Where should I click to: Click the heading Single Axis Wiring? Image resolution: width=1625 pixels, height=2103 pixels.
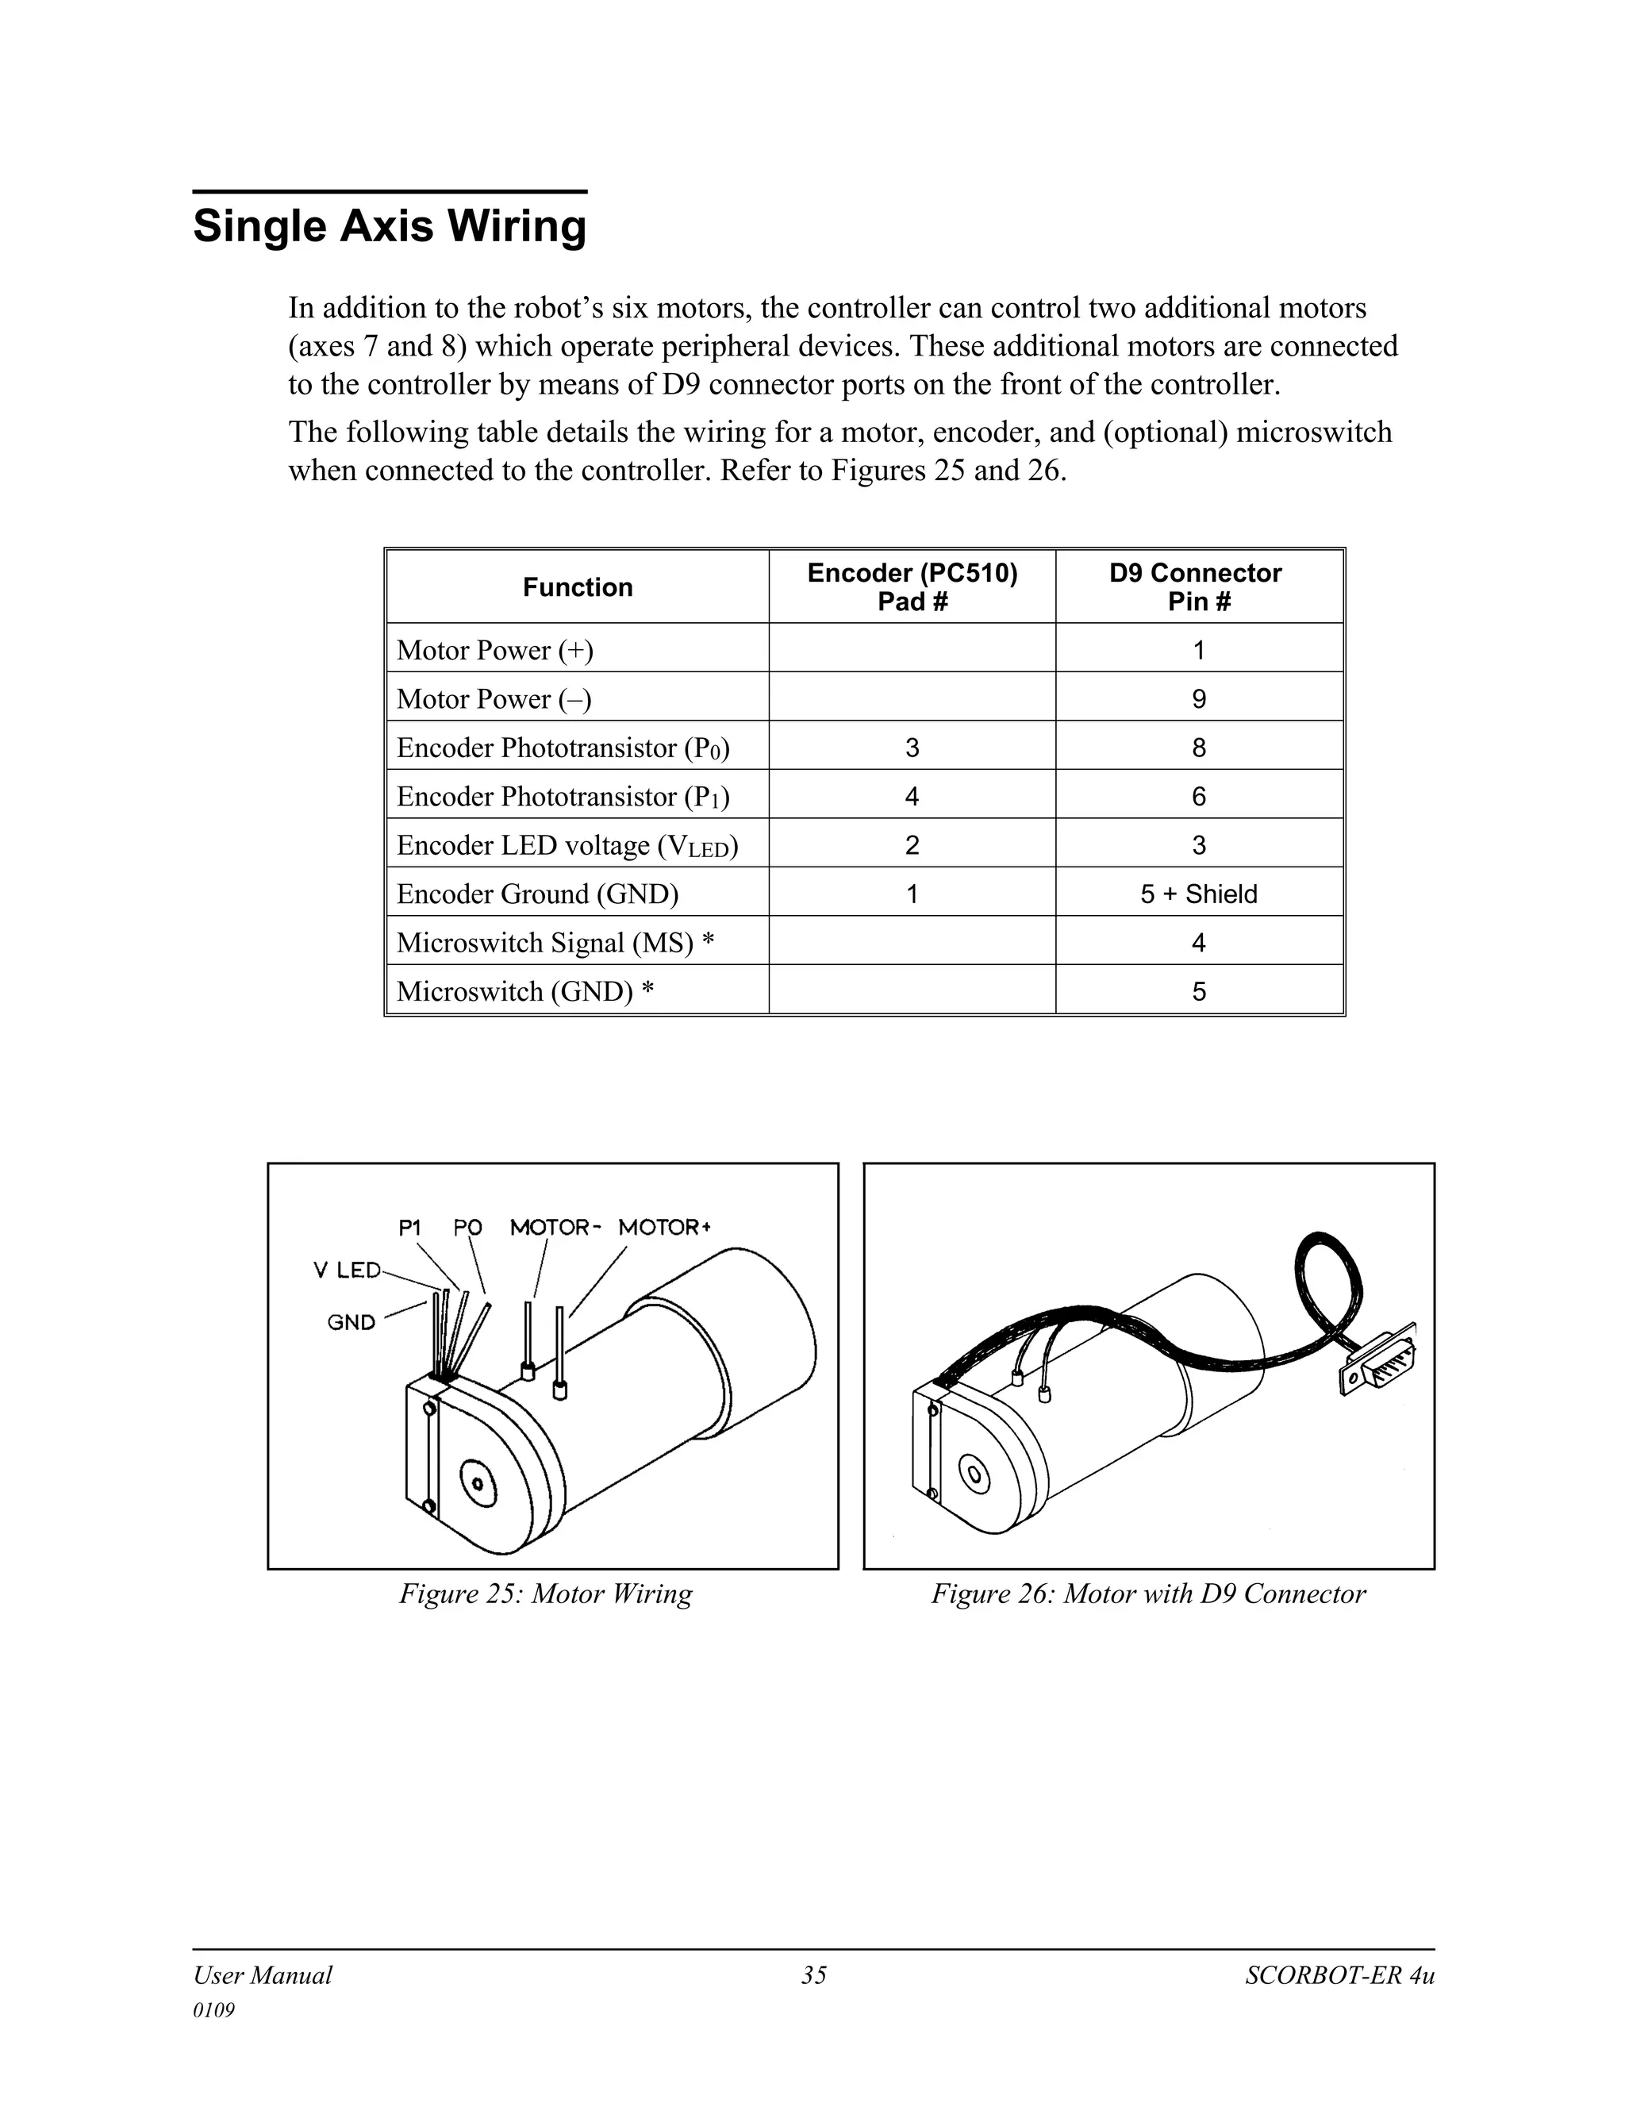[x=389, y=226]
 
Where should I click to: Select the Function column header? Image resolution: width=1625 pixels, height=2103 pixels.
[x=578, y=587]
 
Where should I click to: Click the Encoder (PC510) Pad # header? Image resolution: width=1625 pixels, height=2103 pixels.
[x=912, y=586]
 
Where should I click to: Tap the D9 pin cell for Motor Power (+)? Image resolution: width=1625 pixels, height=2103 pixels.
[x=1199, y=650]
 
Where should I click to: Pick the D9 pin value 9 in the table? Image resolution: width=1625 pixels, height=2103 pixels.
[x=1199, y=699]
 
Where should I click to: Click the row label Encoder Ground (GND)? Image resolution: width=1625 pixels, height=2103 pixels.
[x=537, y=894]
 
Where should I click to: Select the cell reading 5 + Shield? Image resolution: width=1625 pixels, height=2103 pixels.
[x=1199, y=894]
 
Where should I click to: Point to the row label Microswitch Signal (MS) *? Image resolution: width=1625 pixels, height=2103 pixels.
[x=555, y=943]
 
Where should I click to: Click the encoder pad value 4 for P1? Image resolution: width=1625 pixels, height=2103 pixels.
[x=912, y=796]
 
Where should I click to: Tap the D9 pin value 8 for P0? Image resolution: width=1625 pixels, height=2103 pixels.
[x=1199, y=748]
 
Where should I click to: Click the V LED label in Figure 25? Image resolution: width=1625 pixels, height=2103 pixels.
[x=348, y=1270]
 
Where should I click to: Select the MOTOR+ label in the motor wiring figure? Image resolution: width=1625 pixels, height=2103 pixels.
[x=664, y=1227]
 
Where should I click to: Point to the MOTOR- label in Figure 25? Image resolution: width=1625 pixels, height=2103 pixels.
[x=555, y=1227]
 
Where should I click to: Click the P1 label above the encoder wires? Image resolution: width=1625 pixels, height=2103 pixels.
[x=410, y=1227]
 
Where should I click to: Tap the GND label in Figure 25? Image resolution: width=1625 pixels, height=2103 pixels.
[x=352, y=1322]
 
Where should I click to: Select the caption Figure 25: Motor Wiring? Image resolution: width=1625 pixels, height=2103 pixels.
[x=546, y=1594]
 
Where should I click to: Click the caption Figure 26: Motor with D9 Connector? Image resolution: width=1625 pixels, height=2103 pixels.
[x=1147, y=1594]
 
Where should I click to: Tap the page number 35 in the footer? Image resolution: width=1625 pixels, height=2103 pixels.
[x=813, y=1975]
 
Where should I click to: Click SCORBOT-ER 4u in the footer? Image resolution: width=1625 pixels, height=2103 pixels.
[x=1339, y=1975]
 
